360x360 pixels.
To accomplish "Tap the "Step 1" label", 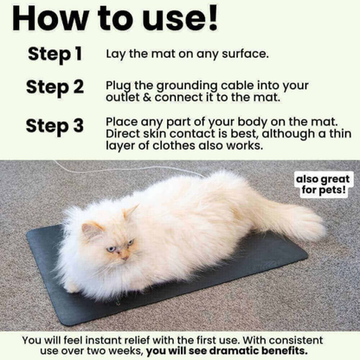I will tap(55, 54).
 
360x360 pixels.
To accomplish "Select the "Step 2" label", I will tap(55, 87).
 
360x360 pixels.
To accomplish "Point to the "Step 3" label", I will tap(55, 125).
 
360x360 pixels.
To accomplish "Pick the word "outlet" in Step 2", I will tap(123, 98).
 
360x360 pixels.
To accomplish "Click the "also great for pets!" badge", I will tap(325, 184).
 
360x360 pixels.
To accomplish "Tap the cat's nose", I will tap(124, 251).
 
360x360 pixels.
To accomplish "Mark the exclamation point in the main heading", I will tap(211, 18).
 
